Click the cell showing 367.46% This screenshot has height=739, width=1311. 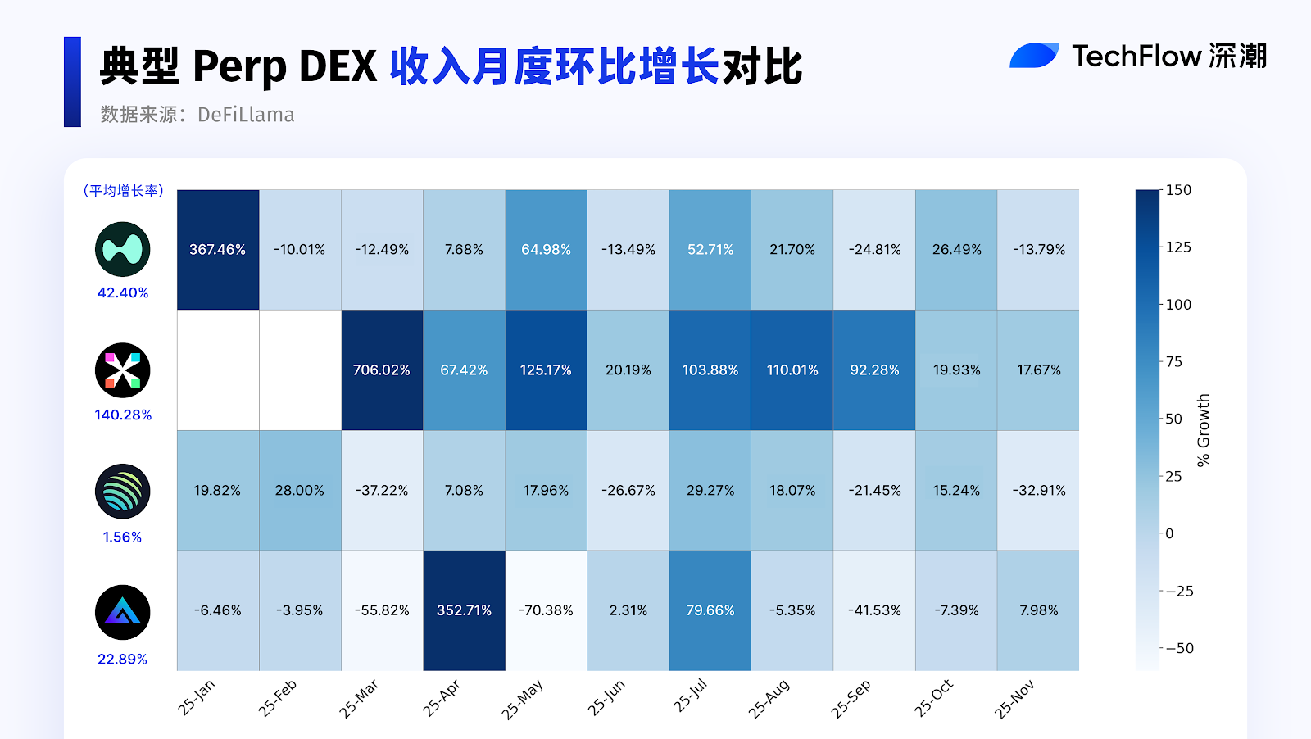coord(218,250)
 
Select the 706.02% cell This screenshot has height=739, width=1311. coord(382,370)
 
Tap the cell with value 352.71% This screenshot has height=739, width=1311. coord(464,610)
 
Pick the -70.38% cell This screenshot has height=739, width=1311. coord(546,610)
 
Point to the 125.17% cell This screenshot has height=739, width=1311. coord(546,370)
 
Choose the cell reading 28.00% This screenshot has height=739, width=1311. coord(300,491)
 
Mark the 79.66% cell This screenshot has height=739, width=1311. coord(710,610)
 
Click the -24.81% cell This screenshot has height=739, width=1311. coord(874,250)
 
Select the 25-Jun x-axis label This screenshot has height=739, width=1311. coord(606,697)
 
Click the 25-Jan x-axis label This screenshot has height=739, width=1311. coord(197,697)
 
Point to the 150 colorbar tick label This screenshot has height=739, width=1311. coord(1178,190)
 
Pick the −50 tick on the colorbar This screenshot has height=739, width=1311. coord(1179,648)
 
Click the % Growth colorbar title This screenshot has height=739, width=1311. coord(1203,430)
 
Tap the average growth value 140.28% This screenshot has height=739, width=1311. coord(123,415)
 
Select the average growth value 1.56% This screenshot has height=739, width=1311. coord(123,537)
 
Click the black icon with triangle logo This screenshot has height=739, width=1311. coord(123,612)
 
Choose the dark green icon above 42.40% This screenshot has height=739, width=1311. coord(123,249)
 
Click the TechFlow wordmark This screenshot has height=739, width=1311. coord(1136,57)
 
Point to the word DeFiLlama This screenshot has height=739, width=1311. coord(246,115)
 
